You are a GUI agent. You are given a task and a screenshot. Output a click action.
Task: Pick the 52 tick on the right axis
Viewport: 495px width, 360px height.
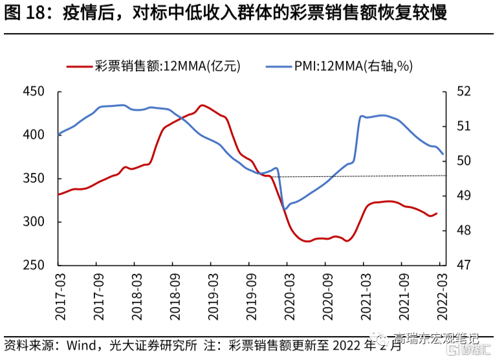coord(465,91)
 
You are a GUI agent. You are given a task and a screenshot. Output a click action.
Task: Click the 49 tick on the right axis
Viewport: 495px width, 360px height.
coord(465,196)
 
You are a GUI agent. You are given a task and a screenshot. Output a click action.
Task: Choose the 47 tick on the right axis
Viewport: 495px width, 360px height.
coord(465,265)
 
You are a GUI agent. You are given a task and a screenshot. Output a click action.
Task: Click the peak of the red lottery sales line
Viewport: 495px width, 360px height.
coord(202,105)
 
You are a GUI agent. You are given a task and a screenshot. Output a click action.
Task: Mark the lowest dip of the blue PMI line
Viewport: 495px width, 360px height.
coord(285,208)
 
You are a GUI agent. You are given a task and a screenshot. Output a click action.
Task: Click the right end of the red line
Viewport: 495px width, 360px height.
coord(437,213)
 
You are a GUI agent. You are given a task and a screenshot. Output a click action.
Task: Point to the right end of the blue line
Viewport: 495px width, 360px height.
coord(443,155)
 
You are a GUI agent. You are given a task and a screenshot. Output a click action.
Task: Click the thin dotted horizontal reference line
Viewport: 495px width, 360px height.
coord(362,175)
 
